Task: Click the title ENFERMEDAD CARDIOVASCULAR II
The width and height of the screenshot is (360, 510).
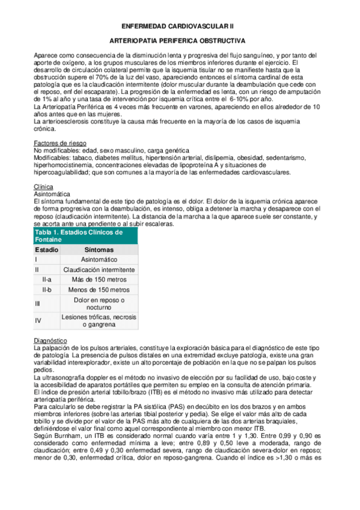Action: tap(180, 26)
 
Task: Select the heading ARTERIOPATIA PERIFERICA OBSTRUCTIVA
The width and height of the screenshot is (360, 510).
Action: tap(180, 42)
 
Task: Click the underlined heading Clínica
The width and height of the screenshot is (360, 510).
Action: tap(44, 186)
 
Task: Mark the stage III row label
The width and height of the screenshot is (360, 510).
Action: tap(38, 304)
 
